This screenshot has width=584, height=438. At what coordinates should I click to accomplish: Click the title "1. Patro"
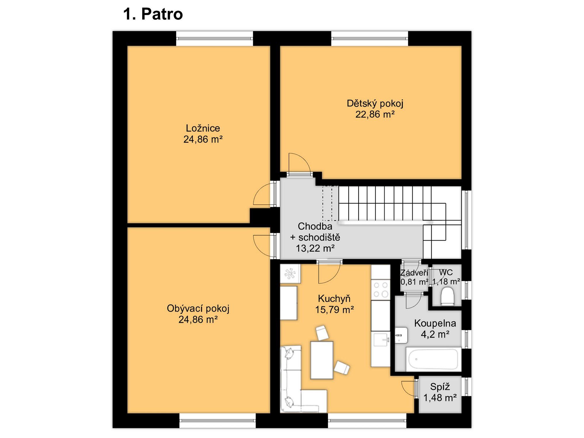[x=153, y=14]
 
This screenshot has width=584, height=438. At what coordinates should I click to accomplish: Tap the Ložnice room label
[x=203, y=128]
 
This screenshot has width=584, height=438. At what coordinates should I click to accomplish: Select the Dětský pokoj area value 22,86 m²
[x=375, y=114]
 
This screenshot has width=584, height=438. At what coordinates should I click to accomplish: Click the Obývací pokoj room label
[x=198, y=309]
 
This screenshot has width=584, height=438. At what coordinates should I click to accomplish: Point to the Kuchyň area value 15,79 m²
[x=335, y=310]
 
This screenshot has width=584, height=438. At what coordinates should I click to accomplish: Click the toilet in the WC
[x=447, y=296]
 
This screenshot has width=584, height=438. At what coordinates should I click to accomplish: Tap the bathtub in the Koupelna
[x=433, y=359]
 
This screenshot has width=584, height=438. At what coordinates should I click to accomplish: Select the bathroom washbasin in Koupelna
[x=401, y=335]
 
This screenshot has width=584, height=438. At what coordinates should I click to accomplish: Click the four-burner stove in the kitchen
[x=381, y=289]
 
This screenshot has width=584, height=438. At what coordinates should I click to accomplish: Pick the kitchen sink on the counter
[x=380, y=340]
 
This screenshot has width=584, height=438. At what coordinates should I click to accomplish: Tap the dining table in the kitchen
[x=322, y=360]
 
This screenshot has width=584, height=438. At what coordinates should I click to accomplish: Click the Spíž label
[x=440, y=387]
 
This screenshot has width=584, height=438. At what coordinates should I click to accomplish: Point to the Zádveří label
[x=414, y=273]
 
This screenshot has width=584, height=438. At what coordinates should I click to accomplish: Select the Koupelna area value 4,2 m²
[x=435, y=334]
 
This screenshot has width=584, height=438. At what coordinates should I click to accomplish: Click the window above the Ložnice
[x=215, y=39]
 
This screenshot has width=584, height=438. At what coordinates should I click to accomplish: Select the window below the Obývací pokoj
[x=218, y=421]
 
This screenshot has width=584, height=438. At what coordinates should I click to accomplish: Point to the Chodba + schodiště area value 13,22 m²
[x=315, y=248]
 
